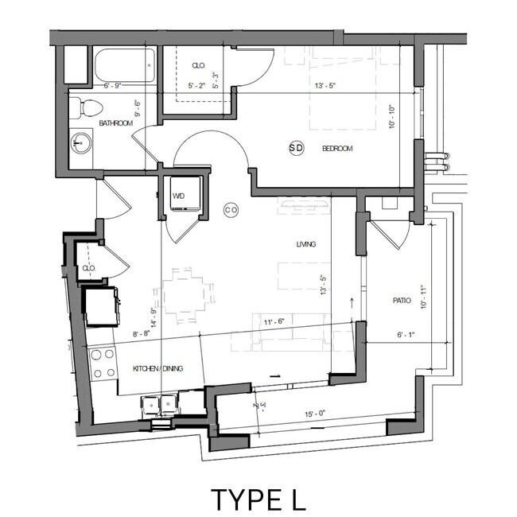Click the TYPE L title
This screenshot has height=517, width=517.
pos(258,499)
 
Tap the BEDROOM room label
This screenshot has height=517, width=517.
pos(336,149)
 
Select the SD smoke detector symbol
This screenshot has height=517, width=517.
pos(296,148)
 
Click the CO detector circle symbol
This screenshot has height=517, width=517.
pos(231,210)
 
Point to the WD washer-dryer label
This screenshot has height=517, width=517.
pos(179,196)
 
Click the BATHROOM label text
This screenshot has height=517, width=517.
pos(116,124)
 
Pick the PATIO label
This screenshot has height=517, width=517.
pos(402,301)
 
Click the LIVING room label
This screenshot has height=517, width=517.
pos(305,245)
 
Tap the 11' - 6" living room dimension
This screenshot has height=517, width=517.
pos(274,321)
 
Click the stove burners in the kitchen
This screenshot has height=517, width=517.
pos(103,363)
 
